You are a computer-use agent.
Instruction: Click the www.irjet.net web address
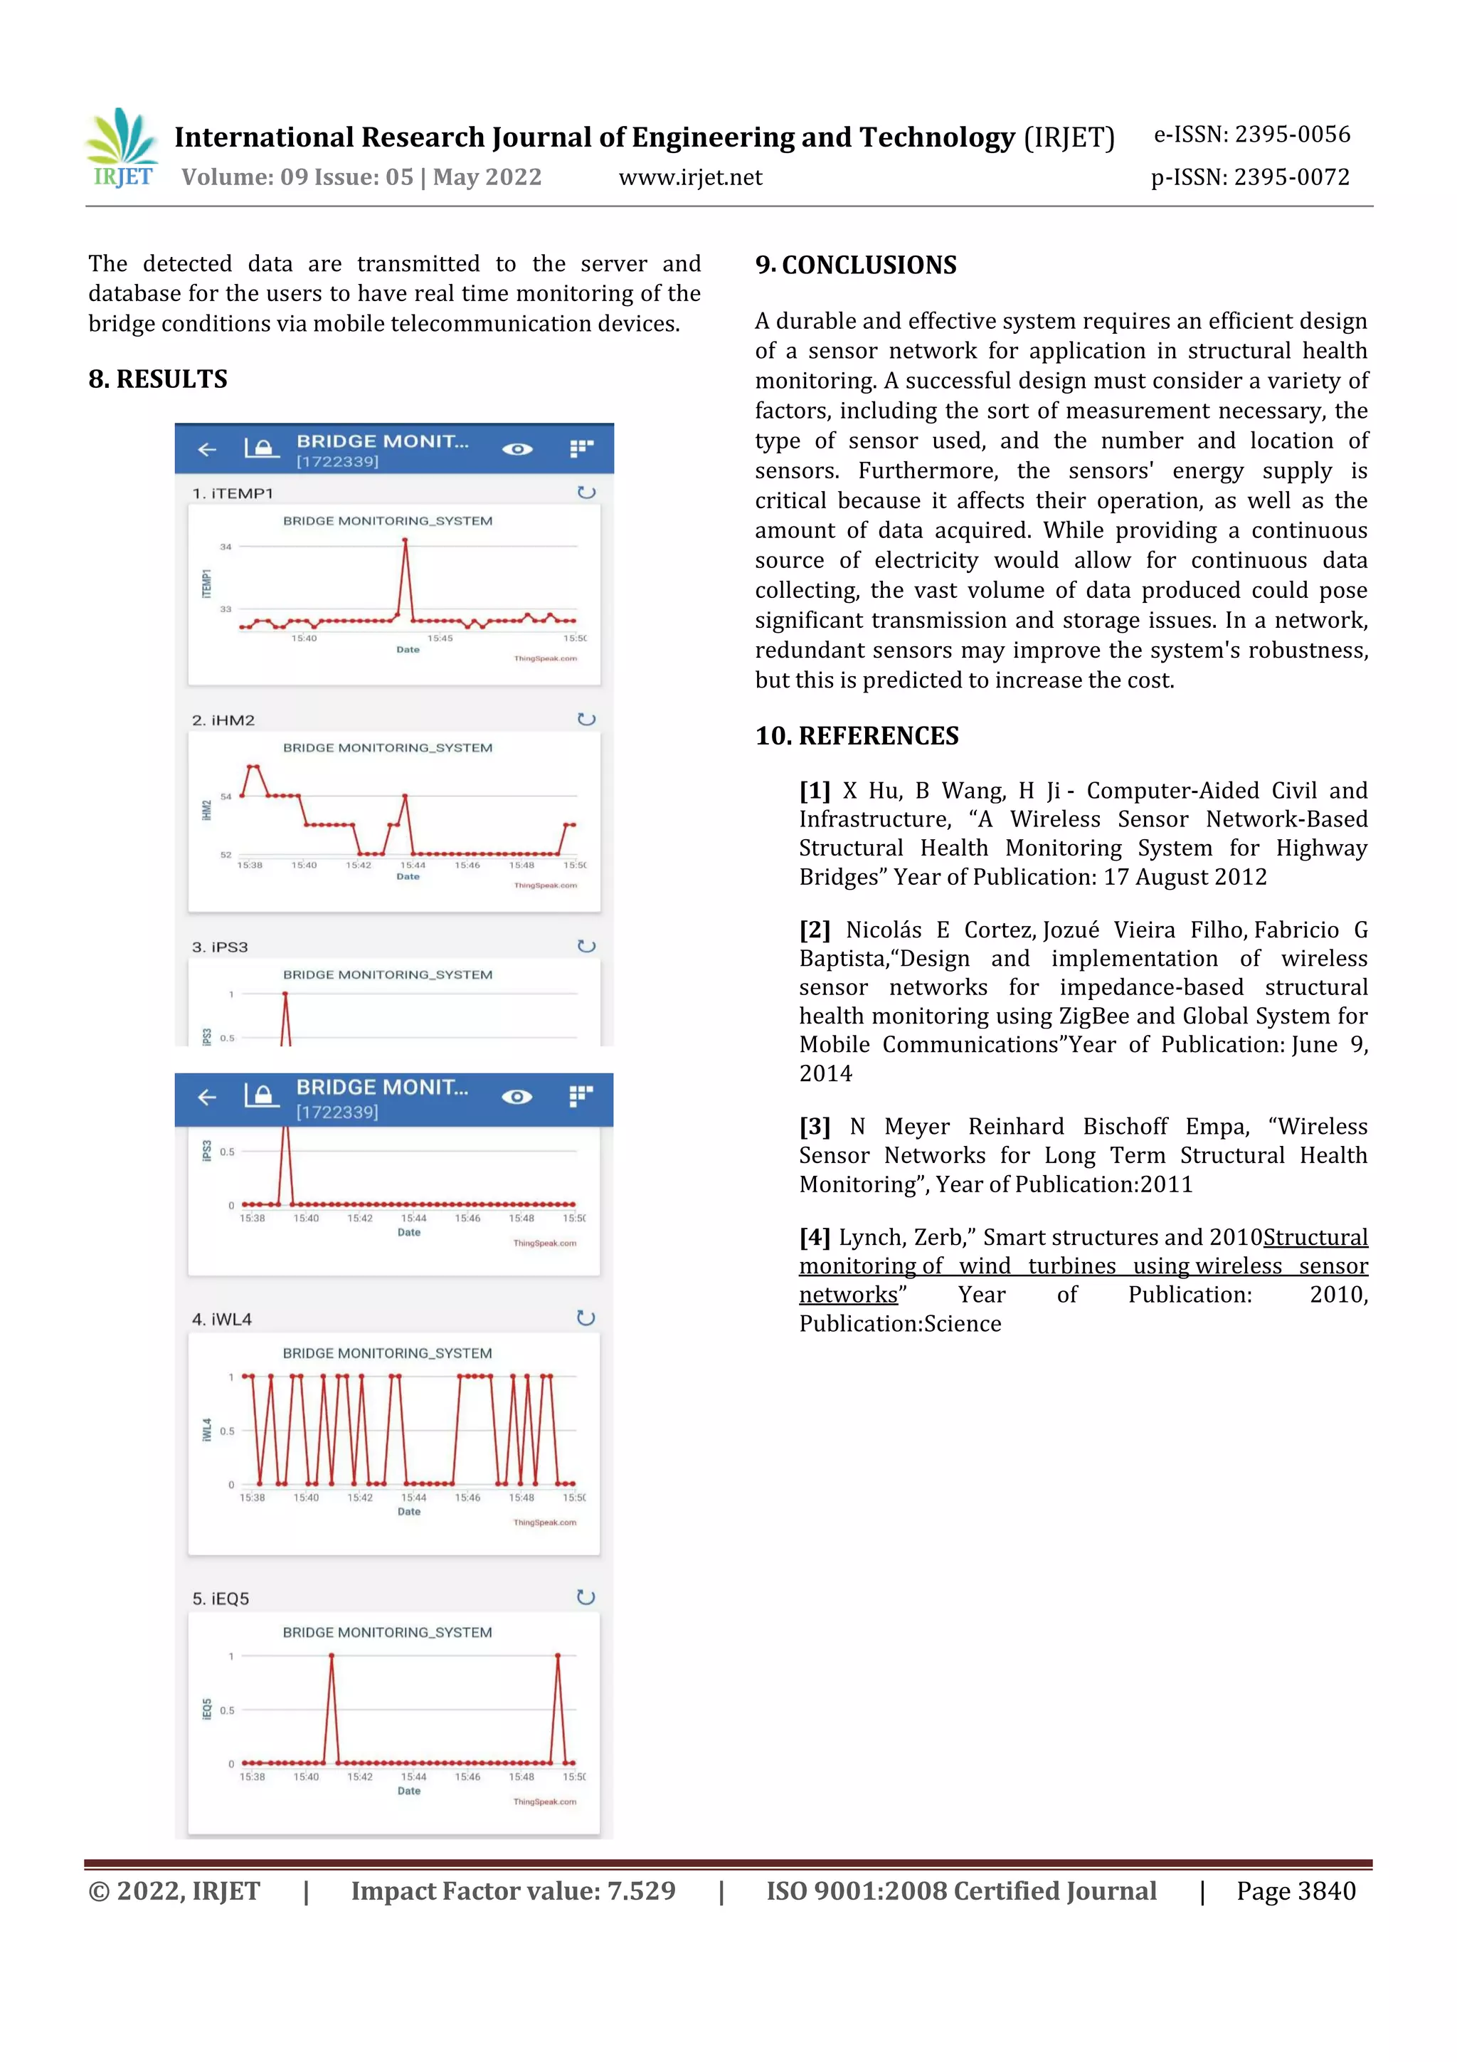coord(689,177)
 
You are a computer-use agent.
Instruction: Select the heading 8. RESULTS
coord(158,379)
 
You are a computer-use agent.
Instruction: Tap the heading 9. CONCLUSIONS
coord(856,265)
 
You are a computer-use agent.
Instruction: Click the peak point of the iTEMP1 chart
coord(405,541)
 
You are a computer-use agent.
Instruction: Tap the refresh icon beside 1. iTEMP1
coord(586,492)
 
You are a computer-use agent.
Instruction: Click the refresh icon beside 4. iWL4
coord(586,1317)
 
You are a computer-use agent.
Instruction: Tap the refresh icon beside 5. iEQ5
coord(586,1597)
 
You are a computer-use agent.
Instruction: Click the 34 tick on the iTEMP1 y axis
coord(226,546)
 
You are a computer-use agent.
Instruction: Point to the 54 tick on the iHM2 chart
coord(226,796)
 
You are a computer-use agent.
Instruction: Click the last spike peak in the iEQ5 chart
coord(558,1655)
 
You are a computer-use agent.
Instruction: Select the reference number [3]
coord(815,1126)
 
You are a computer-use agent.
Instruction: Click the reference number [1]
coord(815,790)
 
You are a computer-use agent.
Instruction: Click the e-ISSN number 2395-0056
coord(1293,135)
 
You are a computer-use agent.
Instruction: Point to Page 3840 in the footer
coord(1296,1890)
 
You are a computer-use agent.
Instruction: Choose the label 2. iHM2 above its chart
coord(223,720)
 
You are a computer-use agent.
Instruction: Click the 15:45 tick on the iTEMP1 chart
coord(440,638)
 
